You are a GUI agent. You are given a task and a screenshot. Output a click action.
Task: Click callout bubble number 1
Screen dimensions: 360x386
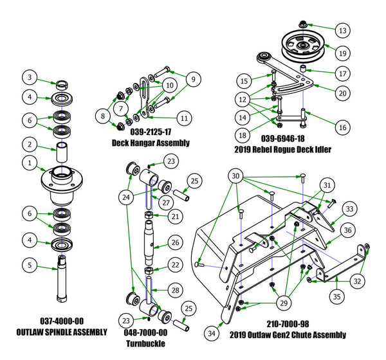click(30, 164)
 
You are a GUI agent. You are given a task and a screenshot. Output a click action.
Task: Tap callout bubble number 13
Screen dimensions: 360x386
click(343, 30)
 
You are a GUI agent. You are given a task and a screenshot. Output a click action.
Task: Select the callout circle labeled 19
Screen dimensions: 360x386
click(343, 54)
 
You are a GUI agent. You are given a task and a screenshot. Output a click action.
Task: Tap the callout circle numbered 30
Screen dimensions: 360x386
click(236, 175)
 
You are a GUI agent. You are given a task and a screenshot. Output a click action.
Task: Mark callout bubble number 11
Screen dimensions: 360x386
click(184, 118)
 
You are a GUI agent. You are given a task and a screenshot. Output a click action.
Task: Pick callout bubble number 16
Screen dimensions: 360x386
click(343, 128)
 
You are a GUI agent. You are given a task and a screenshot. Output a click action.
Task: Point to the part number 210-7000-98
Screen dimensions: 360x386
click(291, 325)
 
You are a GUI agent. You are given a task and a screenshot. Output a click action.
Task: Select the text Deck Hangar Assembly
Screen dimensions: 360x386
click(151, 142)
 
